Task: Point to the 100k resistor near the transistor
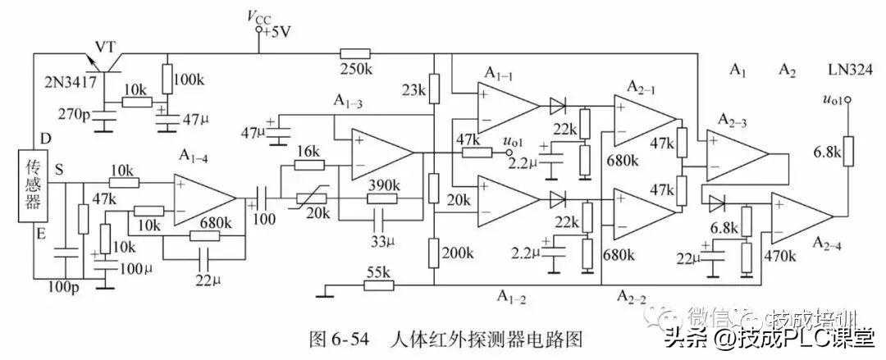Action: coord(167,79)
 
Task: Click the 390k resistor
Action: coord(382,198)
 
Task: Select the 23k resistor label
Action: coord(414,89)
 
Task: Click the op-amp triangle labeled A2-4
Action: coord(801,216)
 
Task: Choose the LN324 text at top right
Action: coord(850,71)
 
